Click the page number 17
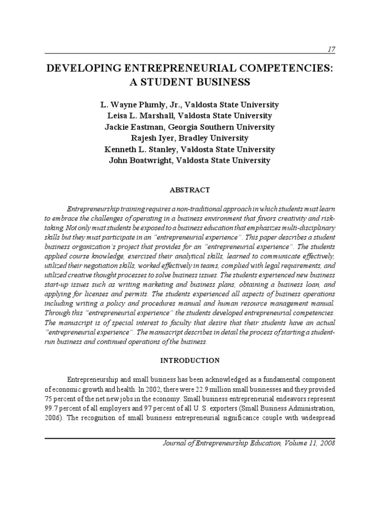click(x=331, y=49)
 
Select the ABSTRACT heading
click(x=190, y=190)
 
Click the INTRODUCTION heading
click(x=190, y=360)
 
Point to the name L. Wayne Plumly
click(x=132, y=105)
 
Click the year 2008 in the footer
click(x=327, y=443)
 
